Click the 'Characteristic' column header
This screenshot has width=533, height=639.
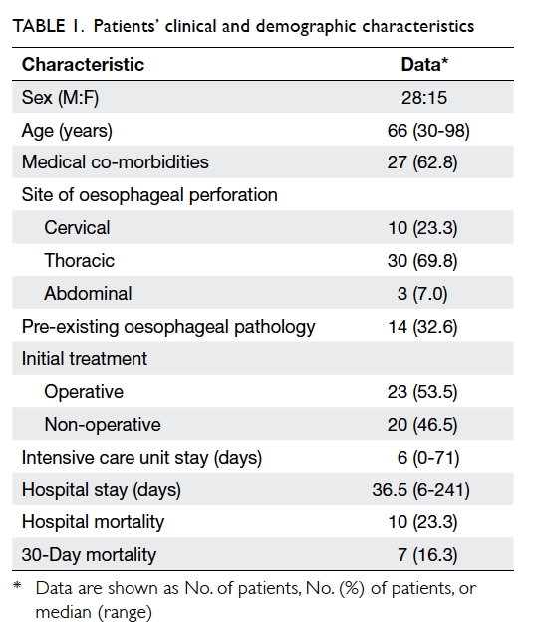coord(83,65)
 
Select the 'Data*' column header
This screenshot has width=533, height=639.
coord(424,65)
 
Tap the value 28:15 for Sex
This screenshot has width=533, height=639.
coord(424,98)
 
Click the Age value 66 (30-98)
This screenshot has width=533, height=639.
coord(428,131)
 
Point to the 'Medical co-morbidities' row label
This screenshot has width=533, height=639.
coord(116,162)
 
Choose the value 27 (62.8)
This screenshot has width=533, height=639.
coord(422,162)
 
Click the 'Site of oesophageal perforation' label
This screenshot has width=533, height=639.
coord(149,195)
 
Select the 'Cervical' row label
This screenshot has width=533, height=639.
coord(77,228)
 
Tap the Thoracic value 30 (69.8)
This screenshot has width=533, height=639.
coord(422,261)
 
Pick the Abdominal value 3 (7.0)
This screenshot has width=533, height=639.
coord(422,294)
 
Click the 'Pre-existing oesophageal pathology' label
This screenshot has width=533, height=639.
coord(168,327)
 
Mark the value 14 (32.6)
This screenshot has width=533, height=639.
coord(422,327)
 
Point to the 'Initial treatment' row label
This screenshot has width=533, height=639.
coord(85,359)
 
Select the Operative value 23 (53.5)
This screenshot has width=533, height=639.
coord(422,392)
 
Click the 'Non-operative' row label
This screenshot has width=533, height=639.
coord(103,425)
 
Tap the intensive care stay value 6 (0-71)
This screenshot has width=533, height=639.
coord(428,458)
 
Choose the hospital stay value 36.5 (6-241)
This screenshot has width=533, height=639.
coord(421,490)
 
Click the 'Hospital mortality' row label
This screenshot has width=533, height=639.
coord(93,522)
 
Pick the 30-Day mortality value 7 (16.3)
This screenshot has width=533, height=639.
coord(427,555)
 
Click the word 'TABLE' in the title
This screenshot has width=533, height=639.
coord(39,26)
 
